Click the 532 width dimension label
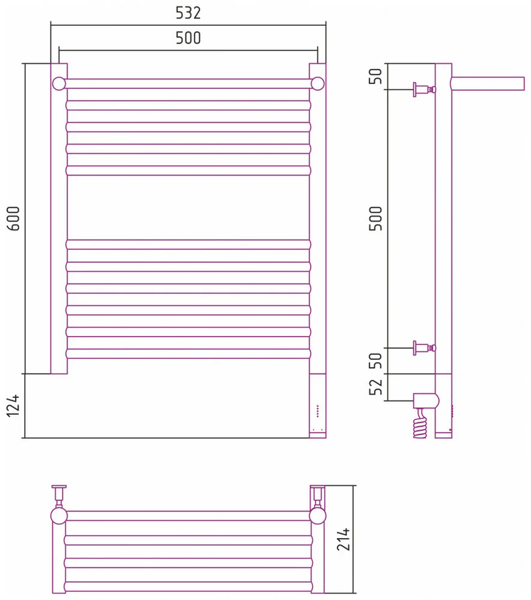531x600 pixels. click(188, 13)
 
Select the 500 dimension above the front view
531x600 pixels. click(188, 38)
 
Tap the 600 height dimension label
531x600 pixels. click(13, 219)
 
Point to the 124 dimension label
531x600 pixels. click(13, 405)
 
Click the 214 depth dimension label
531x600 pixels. click(343, 539)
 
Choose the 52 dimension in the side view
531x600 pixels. click(376, 387)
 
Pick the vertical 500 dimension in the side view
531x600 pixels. click(376, 219)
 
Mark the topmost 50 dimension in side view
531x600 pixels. click(376, 76)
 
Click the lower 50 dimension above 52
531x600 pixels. click(376, 361)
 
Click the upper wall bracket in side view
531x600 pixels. click(424, 90)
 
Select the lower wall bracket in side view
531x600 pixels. click(424, 348)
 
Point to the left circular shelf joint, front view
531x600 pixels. click(59, 83)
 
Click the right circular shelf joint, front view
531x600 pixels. click(317, 83)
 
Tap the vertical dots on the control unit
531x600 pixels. click(317, 411)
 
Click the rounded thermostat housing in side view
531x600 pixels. click(426, 401)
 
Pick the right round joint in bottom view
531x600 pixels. click(317, 516)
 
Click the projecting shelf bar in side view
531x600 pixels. click(487, 84)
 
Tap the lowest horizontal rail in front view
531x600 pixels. click(188, 354)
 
